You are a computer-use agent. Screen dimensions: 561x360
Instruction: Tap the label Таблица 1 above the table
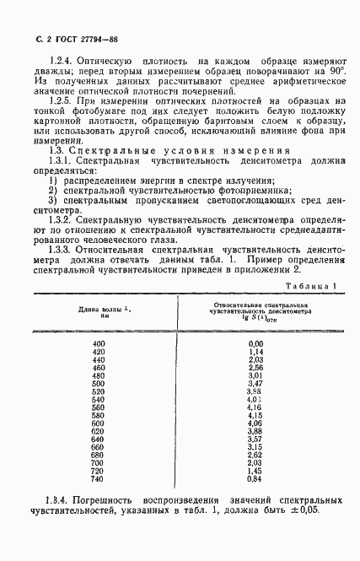308,287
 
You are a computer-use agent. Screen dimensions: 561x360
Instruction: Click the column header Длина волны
99,312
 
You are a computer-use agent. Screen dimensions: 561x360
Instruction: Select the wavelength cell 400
99,344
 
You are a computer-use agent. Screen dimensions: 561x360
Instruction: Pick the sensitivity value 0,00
255,344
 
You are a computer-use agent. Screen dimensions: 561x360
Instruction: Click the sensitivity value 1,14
255,353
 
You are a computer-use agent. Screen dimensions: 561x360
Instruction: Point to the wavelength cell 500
99,392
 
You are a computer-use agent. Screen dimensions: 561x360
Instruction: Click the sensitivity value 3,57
255,440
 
